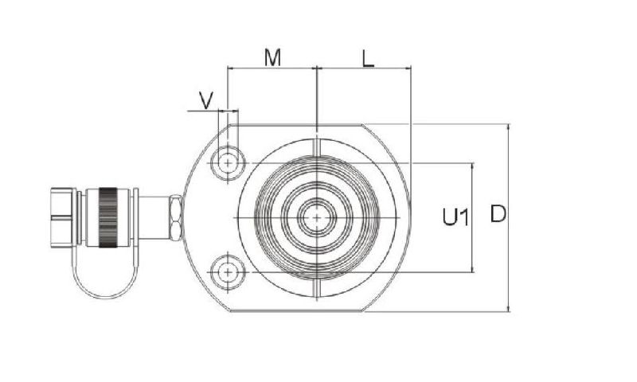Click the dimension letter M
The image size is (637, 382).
pos(273,57)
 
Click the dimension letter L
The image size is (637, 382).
pos(367,57)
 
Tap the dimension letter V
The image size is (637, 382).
pos(206,99)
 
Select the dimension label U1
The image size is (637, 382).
pos(455,216)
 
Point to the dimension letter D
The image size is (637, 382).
pos(498,214)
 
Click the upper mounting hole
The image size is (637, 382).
pos(229,162)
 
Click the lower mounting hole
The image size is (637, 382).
pos(229,272)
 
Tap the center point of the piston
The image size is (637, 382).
pos(317,216)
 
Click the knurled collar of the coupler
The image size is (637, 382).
pos(107,216)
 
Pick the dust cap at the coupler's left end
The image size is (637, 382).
pos(64,216)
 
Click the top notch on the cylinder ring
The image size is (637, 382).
pos(317,147)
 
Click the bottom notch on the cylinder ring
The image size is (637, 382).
pos(317,286)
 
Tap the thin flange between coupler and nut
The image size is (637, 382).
pos(136,217)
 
